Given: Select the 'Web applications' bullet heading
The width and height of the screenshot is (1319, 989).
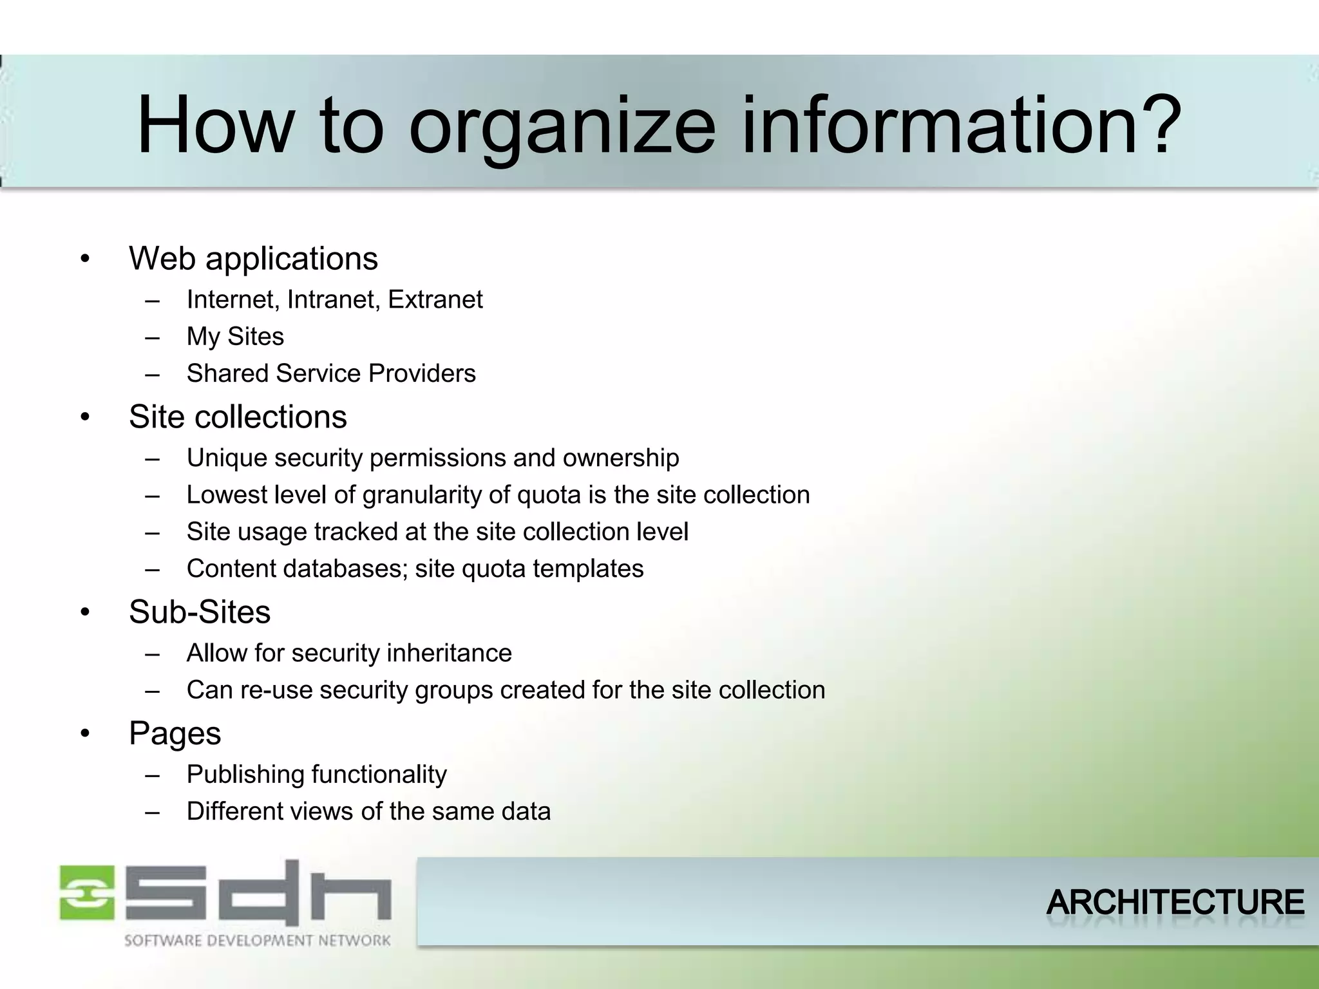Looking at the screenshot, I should click(x=253, y=259).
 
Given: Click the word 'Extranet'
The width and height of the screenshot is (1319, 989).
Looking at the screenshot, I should click(x=435, y=300).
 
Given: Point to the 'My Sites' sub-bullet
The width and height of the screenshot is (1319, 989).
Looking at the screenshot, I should click(x=235, y=337).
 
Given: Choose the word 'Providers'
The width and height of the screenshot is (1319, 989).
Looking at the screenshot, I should click(x=422, y=373).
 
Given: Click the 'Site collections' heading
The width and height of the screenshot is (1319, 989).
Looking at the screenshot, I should click(x=238, y=417).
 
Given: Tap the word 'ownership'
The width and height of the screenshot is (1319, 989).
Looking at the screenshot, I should click(x=620, y=458).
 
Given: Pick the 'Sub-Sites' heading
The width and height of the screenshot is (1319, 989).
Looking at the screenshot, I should click(x=200, y=612).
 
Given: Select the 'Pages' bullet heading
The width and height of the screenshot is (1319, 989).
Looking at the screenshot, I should click(x=175, y=733).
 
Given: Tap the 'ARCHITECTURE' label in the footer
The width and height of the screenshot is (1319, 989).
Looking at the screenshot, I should click(x=1175, y=902).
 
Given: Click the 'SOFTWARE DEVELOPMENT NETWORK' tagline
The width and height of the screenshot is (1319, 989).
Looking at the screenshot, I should click(x=257, y=941).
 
